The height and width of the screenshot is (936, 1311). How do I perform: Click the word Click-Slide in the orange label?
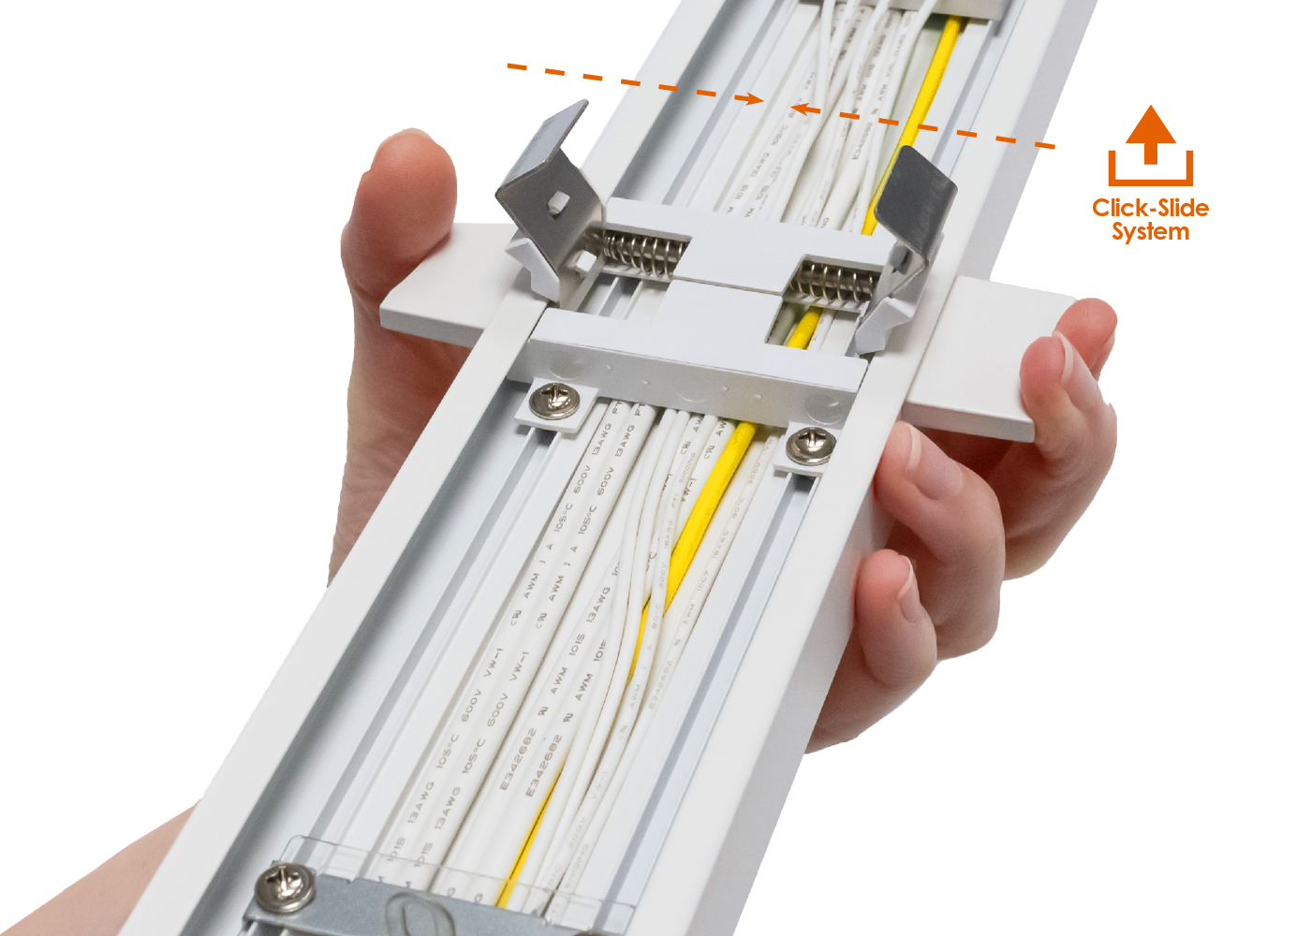1150,208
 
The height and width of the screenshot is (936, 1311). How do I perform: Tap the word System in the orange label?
1150,232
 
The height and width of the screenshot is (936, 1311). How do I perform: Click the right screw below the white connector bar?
811,445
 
